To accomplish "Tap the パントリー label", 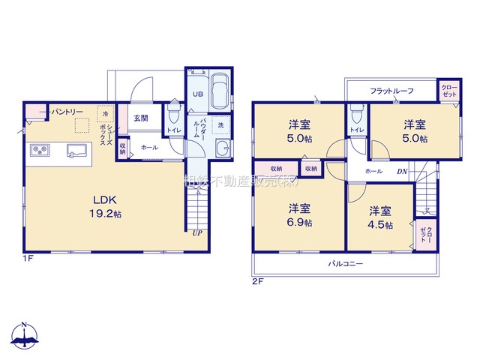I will click(x=67, y=112).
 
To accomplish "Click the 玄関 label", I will click(x=140, y=118).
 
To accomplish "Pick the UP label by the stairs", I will click(x=196, y=233).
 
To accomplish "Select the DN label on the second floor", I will click(x=402, y=171).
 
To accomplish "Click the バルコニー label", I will click(x=345, y=264).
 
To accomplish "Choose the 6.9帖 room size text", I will click(x=298, y=223).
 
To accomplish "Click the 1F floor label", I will click(x=28, y=259).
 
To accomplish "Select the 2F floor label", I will click(x=257, y=280).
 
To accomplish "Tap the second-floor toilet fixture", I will click(x=355, y=115).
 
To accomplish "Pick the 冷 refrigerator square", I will click(x=106, y=114).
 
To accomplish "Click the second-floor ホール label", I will click(x=373, y=171).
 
